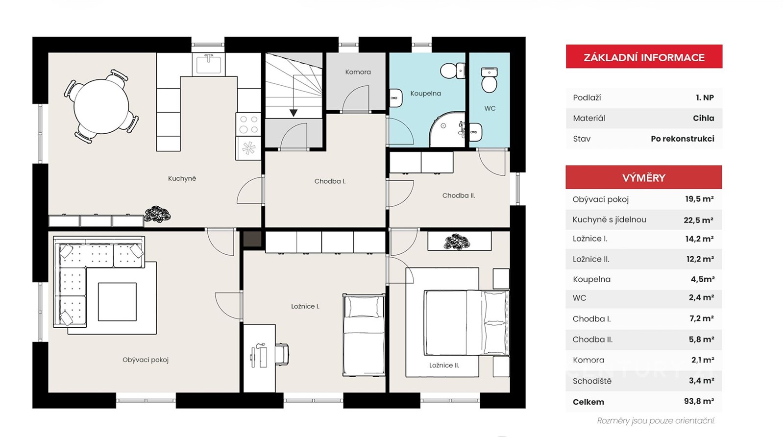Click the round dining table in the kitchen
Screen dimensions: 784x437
pos(101,106)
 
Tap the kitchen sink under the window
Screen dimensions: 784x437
pos(209,64)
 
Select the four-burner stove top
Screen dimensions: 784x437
pos(248,124)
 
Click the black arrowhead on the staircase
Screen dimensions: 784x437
pos(294,113)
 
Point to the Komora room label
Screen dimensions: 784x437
pos(358,72)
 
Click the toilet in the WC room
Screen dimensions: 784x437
pos(490,80)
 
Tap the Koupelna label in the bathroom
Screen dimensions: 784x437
pos(426,94)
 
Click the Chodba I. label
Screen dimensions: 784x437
pos(330,181)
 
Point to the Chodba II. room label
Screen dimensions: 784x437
pos(459,195)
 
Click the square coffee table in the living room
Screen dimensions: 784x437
pos(117,302)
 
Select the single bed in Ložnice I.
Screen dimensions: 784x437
pos(364,335)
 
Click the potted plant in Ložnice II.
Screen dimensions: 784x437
pos(457,242)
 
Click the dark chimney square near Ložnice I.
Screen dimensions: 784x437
pos(252,239)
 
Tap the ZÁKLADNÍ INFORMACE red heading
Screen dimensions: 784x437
pos(644,57)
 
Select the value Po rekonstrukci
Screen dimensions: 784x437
pos(683,139)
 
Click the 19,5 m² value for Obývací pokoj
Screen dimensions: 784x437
pos(699,199)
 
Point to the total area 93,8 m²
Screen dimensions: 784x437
pos(699,401)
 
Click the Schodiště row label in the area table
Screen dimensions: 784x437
pos(592,381)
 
